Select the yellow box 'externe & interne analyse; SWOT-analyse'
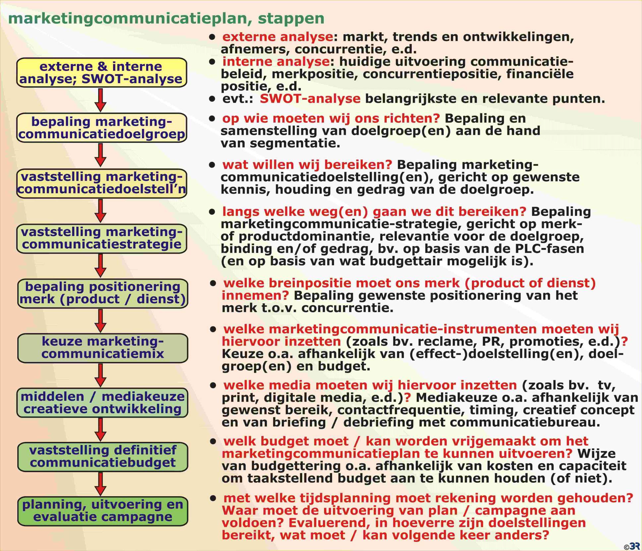[x=102, y=73]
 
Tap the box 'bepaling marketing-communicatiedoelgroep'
[x=102, y=128]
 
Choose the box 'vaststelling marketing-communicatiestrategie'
[x=102, y=239]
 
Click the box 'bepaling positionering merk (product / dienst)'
[x=102, y=293]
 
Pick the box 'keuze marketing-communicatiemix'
[x=102, y=348]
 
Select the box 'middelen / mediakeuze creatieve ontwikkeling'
[x=102, y=402]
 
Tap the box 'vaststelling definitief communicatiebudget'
[x=102, y=457]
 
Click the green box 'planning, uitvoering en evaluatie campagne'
[x=102, y=511]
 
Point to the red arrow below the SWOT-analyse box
[x=100, y=100]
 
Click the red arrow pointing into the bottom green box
[x=100, y=484]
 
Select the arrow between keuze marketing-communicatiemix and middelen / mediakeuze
[x=100, y=375]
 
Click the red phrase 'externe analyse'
[x=278, y=37]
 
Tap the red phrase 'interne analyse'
[x=276, y=62]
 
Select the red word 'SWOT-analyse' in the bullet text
[x=310, y=98]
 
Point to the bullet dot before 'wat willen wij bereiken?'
[x=212, y=165]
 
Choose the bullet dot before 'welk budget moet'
[x=213, y=442]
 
